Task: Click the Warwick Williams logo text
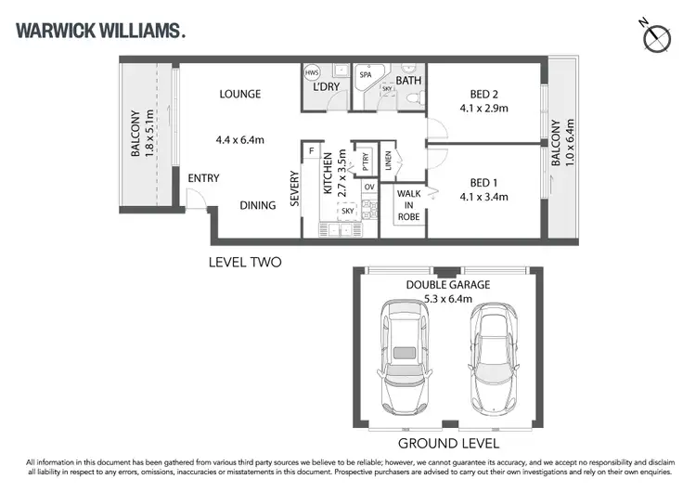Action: point(101,31)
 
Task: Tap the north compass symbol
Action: point(657,36)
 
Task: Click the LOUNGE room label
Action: point(239,94)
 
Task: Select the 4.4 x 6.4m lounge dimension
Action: point(240,140)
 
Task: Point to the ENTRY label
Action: point(203,178)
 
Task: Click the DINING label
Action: point(257,205)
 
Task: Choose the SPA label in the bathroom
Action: point(380,72)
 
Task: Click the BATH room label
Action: point(409,82)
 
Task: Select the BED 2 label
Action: point(484,94)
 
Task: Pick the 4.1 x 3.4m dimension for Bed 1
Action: point(484,196)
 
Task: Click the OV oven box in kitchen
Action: point(368,188)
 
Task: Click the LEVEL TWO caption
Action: point(244,263)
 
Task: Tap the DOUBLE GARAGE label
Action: point(448,284)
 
